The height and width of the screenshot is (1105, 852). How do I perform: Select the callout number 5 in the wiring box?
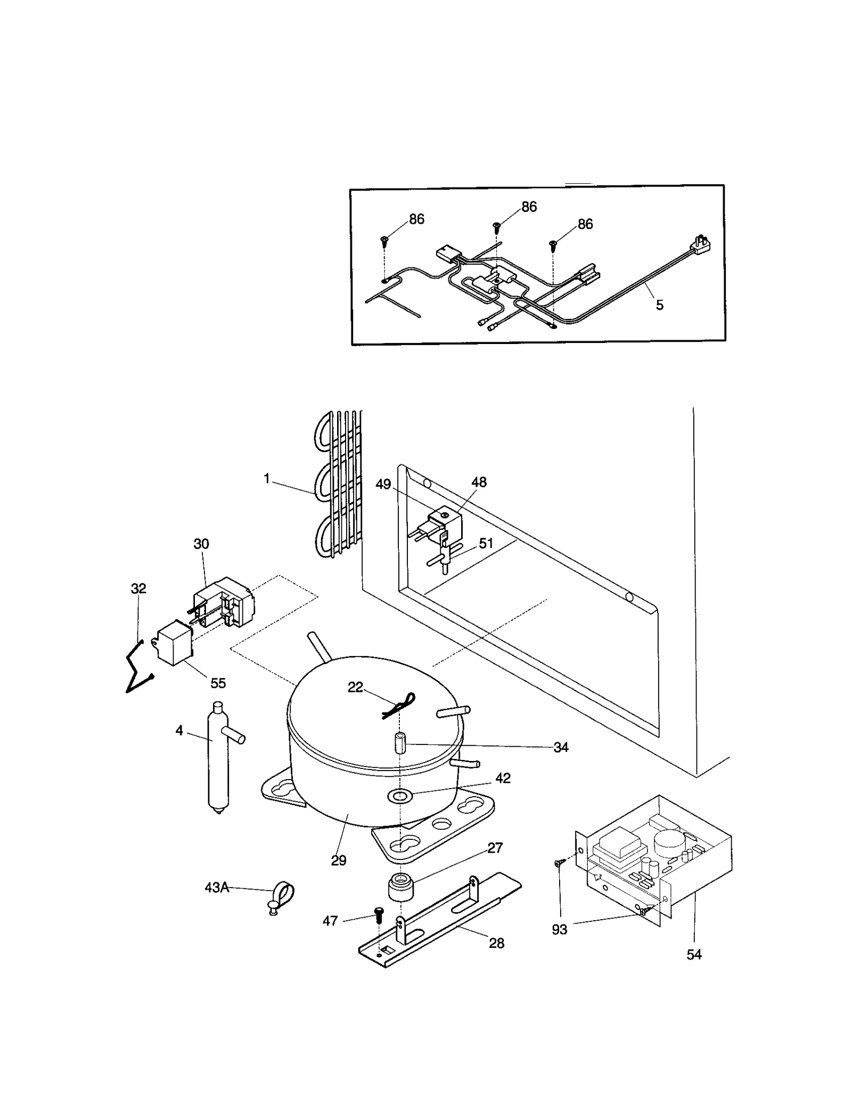coord(659,305)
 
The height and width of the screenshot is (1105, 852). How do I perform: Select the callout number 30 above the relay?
coord(201,544)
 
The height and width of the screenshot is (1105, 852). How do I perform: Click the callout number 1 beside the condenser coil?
coord(267,479)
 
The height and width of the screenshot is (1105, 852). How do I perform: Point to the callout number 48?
coord(479,482)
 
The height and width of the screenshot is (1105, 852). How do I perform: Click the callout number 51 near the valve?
coord(486,543)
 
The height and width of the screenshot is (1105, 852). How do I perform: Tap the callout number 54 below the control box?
coord(694,954)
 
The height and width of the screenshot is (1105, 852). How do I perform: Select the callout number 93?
coord(559,929)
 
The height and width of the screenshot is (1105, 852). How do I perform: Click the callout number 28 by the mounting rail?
coord(496,943)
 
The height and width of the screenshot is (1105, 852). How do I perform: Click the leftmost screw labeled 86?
coord(384,240)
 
